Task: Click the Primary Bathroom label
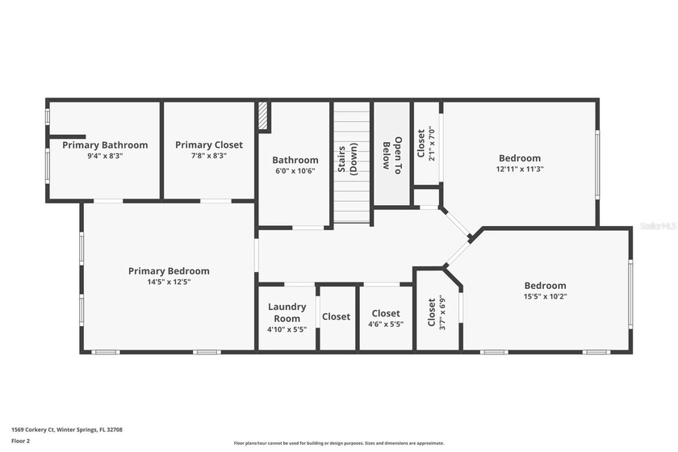(105, 145)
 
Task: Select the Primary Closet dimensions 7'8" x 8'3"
(209, 156)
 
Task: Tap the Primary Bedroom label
(169, 271)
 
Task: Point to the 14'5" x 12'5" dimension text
(169, 282)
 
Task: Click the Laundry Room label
(287, 312)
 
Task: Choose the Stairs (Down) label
(347, 159)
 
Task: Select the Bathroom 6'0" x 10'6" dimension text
(295, 170)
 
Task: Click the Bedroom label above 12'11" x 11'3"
(520, 158)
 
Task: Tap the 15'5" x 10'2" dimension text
(545, 296)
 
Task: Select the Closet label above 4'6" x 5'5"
(386, 313)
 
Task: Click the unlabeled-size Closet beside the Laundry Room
(337, 316)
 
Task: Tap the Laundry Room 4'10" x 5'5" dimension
(287, 329)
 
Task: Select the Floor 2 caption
(21, 442)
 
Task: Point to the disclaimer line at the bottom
(339, 443)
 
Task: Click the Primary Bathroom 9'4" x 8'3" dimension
(105, 156)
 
